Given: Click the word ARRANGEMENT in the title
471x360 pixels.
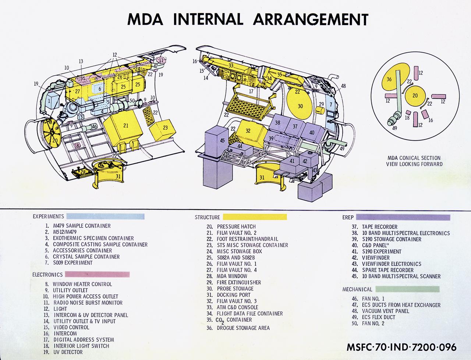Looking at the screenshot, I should tap(311, 19).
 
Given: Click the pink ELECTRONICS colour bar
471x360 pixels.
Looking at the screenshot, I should tap(98, 274).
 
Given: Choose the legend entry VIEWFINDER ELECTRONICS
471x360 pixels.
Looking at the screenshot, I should tap(392, 264).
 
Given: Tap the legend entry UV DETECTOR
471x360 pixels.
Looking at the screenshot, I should tap(68, 352).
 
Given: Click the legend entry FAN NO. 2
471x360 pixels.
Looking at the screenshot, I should tap(373, 324).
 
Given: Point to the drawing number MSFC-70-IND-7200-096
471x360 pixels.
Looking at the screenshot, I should tap(401, 347).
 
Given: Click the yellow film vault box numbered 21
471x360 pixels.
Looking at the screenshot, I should tap(123, 127).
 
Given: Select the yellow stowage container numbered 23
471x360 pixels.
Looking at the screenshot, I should tap(164, 129).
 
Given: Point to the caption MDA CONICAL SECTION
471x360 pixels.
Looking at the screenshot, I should tap(414, 158).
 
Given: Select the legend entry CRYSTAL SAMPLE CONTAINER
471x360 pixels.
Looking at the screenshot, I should tap(86, 257).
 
